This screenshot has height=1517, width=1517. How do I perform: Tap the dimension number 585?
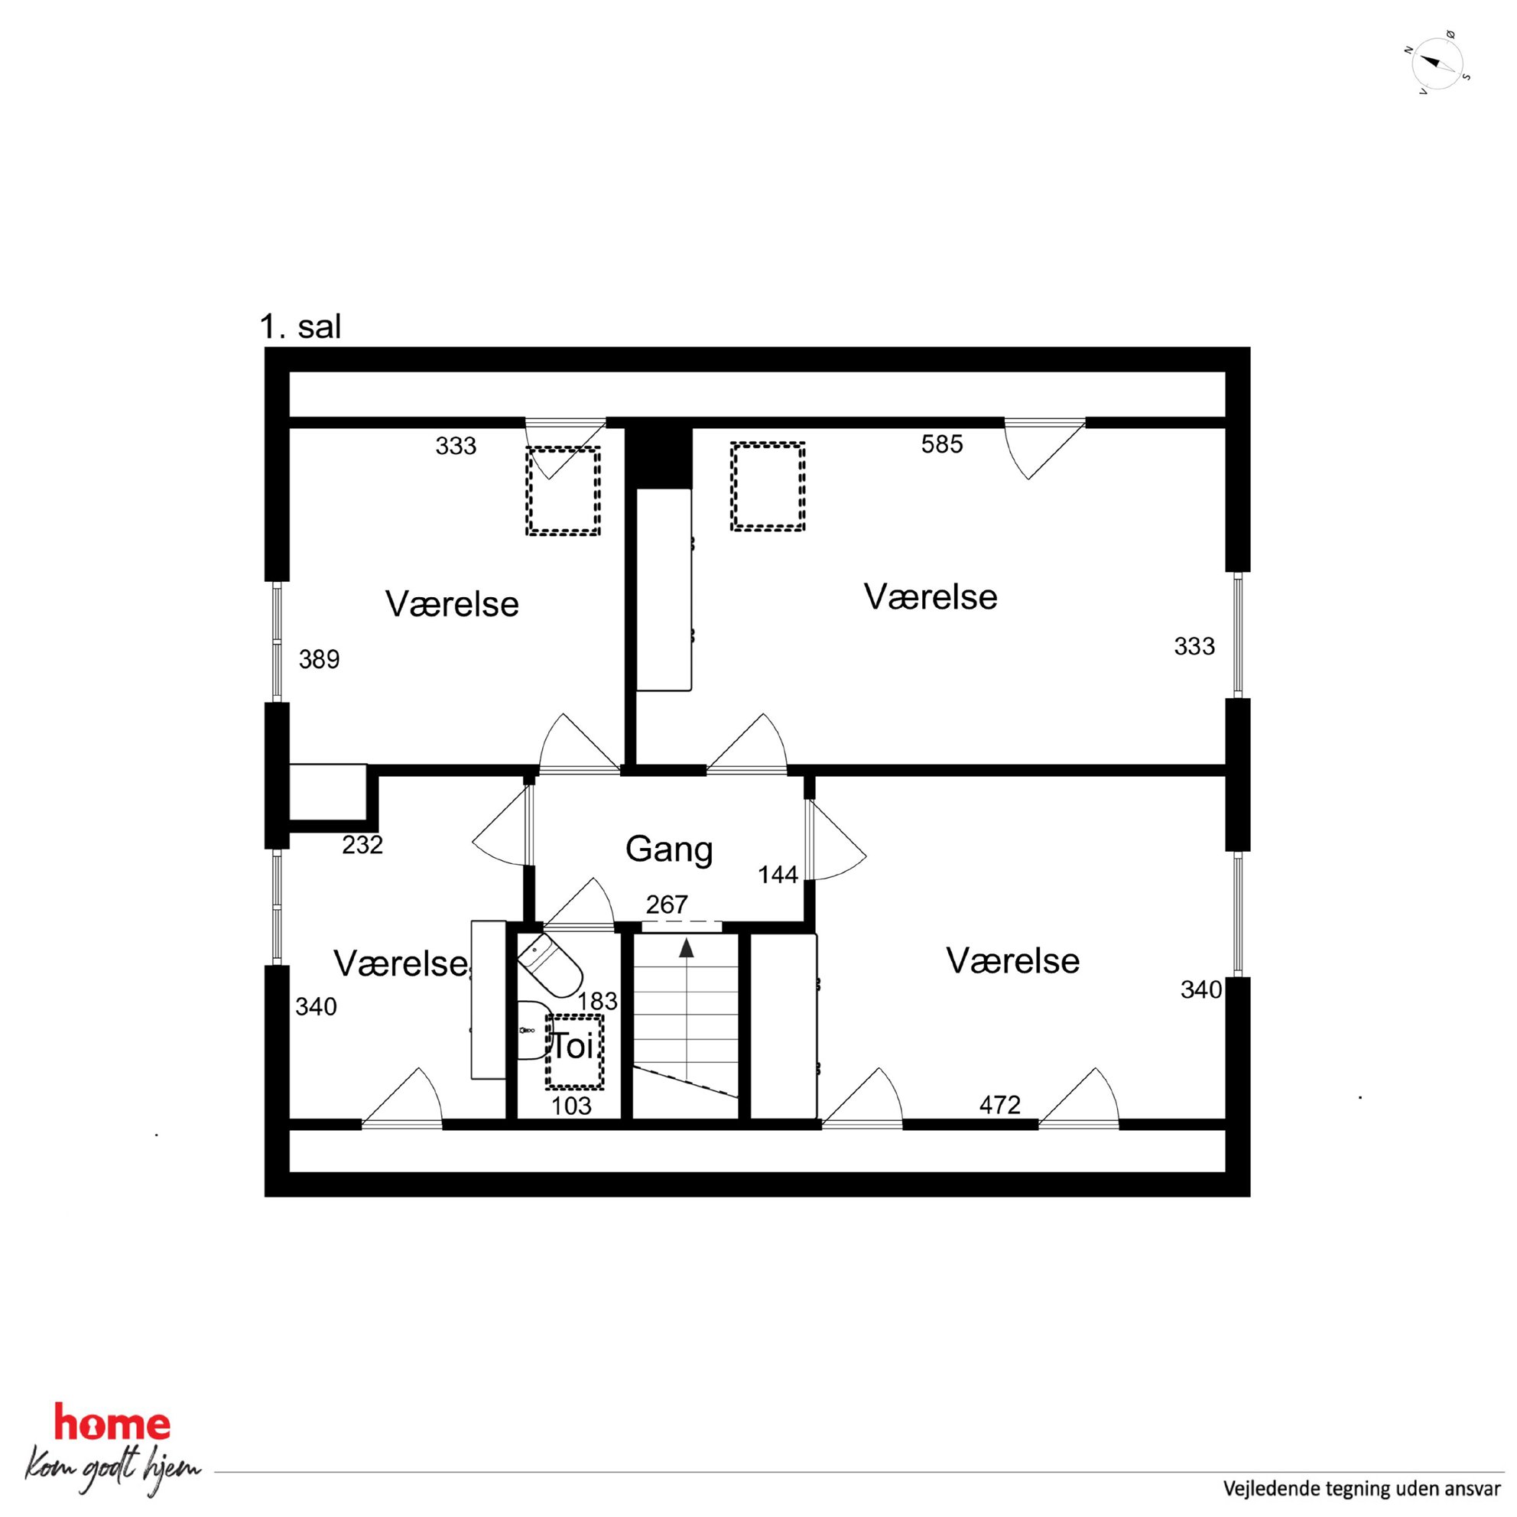[941, 444]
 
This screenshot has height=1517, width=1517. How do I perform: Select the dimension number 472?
[999, 1106]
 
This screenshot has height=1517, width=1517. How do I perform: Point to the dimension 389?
[319, 660]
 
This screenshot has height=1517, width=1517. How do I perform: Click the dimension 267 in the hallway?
[667, 905]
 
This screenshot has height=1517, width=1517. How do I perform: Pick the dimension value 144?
[778, 875]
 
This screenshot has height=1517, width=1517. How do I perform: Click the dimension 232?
[362, 845]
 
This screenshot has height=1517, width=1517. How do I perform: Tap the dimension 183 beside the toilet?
[597, 1001]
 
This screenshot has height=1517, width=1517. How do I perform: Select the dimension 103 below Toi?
[571, 1106]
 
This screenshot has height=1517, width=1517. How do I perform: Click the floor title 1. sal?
[300, 326]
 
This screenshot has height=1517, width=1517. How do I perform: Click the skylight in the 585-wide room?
[768, 487]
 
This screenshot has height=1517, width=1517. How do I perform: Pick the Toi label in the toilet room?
[573, 1047]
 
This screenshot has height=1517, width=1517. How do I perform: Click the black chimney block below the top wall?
[659, 458]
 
